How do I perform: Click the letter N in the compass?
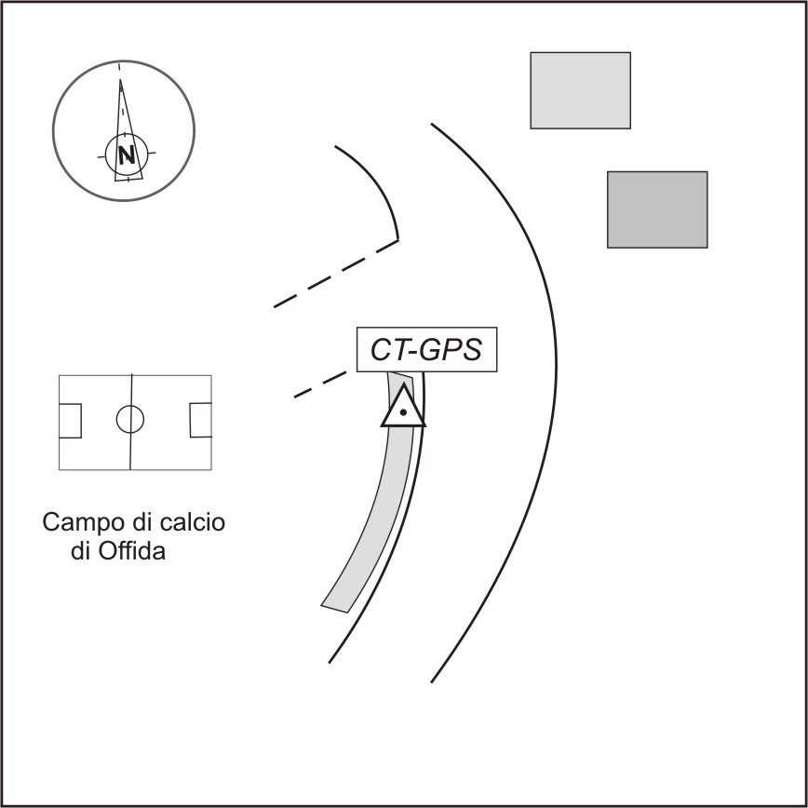pos(126,154)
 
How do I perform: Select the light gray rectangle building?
pos(580,89)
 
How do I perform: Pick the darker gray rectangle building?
pos(657,209)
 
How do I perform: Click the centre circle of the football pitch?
pos(130,420)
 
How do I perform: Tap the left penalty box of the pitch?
pos(70,421)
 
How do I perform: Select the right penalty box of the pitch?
pos(200,421)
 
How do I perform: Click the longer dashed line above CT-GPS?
pos(335,273)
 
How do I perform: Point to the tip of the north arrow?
pos(120,82)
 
